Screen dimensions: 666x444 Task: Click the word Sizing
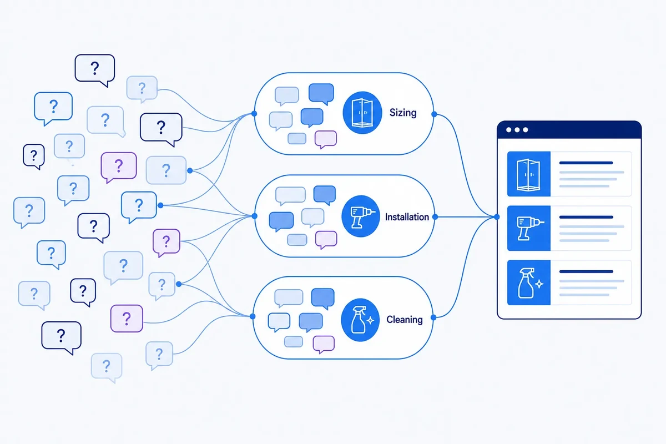(x=403, y=113)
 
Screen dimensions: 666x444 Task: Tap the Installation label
(x=407, y=217)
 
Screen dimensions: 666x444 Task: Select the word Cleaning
(x=405, y=319)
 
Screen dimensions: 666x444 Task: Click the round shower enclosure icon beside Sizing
(x=362, y=113)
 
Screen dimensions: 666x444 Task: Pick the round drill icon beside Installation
(x=361, y=216)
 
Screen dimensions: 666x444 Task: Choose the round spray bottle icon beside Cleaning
(x=360, y=320)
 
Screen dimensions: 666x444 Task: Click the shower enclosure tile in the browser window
(x=528, y=174)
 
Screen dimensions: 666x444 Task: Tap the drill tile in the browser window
(x=528, y=228)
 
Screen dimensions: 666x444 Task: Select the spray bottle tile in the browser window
(x=528, y=282)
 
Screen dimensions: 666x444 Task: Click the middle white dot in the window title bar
(x=517, y=130)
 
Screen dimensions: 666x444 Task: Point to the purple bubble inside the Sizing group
(x=326, y=139)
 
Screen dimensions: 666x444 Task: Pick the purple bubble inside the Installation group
(x=326, y=239)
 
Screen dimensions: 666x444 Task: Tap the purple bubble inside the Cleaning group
(x=324, y=344)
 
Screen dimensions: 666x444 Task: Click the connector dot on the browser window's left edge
(x=497, y=217)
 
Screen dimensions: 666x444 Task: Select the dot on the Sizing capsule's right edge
(x=434, y=114)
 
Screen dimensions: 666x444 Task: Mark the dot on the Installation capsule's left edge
(x=254, y=216)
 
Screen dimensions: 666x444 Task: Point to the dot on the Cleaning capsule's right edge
(x=433, y=317)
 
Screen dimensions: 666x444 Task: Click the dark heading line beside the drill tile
(x=586, y=217)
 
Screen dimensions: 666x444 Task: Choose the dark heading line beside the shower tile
(x=586, y=163)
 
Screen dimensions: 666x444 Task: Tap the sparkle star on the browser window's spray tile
(x=539, y=284)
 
